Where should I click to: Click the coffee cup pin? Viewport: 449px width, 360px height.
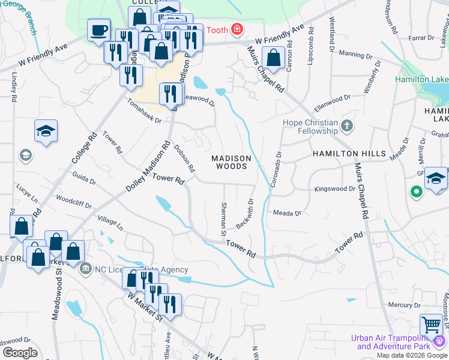pyautogui.click(x=99, y=29)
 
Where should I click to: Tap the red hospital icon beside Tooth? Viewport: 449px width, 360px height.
pyautogui.click(x=237, y=29)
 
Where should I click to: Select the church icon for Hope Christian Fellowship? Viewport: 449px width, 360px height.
pyautogui.click(x=346, y=126)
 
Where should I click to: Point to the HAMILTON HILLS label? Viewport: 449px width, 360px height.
pyautogui.click(x=349, y=154)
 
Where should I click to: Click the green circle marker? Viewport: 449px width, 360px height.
pyautogui.click(x=415, y=193)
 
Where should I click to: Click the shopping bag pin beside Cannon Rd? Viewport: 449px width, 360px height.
pyautogui.click(x=273, y=59)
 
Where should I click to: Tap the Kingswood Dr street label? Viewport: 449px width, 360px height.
pyautogui.click(x=335, y=189)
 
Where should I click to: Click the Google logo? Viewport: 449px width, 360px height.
pyautogui.click(x=20, y=352)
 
